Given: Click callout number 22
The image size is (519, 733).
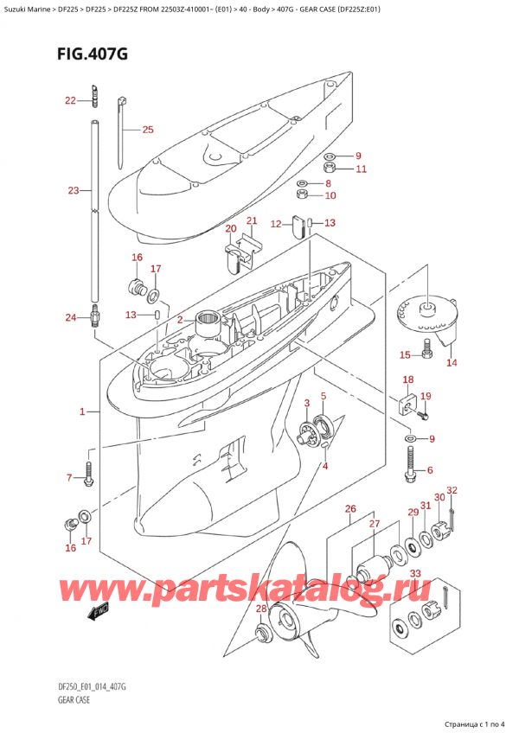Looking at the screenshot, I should pyautogui.click(x=71, y=101).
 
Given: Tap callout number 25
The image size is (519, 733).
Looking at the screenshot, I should pyautogui.click(x=147, y=131).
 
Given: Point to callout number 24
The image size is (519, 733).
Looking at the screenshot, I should pyautogui.click(x=71, y=317).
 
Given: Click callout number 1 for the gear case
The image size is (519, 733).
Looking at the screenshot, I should pyautogui.click(x=82, y=412).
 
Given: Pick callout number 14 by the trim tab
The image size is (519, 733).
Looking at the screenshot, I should pyautogui.click(x=451, y=363).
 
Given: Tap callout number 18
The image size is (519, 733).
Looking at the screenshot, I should pyautogui.click(x=407, y=379).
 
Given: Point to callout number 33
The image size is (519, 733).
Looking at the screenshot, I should pyautogui.click(x=416, y=574).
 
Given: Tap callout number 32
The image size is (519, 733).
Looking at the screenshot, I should pyautogui.click(x=452, y=490).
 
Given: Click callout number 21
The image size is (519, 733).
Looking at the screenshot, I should pyautogui.click(x=251, y=221).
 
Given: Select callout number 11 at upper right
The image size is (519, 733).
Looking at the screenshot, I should pyautogui.click(x=361, y=169).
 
